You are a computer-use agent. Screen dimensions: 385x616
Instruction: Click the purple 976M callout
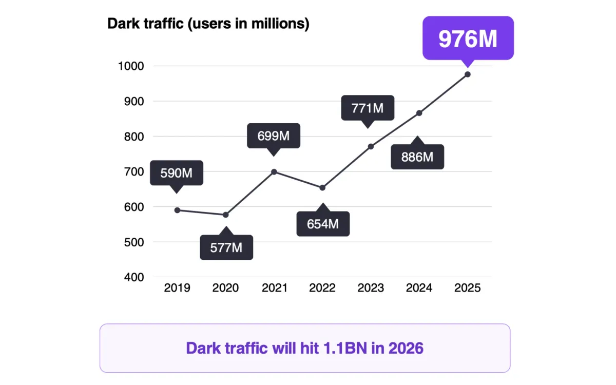(x=468, y=38)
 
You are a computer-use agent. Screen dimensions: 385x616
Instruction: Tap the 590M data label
(x=177, y=173)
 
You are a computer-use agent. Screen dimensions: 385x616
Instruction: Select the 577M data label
(x=226, y=247)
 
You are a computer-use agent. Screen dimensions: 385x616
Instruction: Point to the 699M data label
(x=273, y=136)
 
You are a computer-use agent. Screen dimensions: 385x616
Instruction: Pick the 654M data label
(x=323, y=224)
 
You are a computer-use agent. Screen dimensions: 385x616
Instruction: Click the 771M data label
(x=368, y=108)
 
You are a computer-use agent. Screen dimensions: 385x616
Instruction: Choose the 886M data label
(x=417, y=157)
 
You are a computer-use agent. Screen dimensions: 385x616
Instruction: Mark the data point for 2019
(x=177, y=210)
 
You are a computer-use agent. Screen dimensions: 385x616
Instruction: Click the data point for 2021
(x=274, y=172)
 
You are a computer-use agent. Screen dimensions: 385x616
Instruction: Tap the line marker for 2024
(x=419, y=113)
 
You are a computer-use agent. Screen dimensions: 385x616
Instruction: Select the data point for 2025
(x=468, y=74)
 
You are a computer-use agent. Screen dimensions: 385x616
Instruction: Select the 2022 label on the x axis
(x=322, y=288)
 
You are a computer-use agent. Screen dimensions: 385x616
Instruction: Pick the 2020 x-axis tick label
(x=225, y=288)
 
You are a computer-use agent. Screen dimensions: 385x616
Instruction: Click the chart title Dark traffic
(x=208, y=24)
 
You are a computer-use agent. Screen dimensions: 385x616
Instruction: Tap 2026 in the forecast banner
(x=406, y=348)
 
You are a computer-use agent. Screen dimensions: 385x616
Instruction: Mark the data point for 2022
(x=322, y=188)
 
